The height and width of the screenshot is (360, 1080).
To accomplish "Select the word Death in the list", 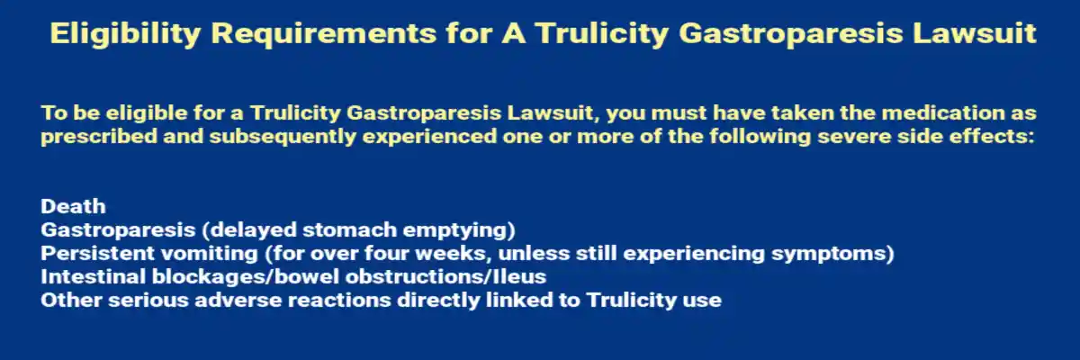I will point(73,206).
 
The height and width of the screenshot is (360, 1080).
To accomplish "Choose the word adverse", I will point(213,300).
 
